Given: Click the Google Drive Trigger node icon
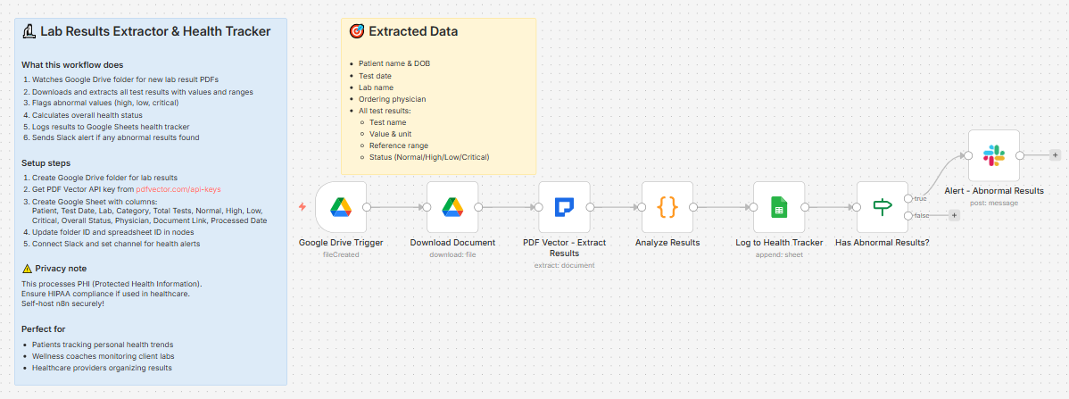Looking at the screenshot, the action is click(341, 207).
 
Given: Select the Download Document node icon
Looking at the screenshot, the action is click(452, 207).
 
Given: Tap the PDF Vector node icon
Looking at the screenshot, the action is click(564, 207).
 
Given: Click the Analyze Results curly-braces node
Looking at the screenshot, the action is click(667, 207).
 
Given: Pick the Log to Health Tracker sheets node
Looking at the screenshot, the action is click(779, 207).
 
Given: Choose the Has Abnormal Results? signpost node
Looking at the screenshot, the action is click(883, 207).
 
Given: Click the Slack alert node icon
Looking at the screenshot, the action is click(994, 155).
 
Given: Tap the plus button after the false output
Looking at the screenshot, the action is click(954, 215).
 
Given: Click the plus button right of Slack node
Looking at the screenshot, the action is click(1055, 155).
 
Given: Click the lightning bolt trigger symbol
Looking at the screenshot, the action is click(302, 207).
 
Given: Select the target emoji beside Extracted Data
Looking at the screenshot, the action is click(357, 31).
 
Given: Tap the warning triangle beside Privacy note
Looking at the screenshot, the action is click(27, 269).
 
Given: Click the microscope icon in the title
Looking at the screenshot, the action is click(29, 31).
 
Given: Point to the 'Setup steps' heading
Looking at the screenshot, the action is click(46, 163).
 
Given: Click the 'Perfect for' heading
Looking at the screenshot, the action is click(44, 328).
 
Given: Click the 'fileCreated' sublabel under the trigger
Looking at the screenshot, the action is click(341, 254).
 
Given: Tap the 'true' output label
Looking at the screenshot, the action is click(919, 198).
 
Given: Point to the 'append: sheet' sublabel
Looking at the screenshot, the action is click(779, 254).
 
